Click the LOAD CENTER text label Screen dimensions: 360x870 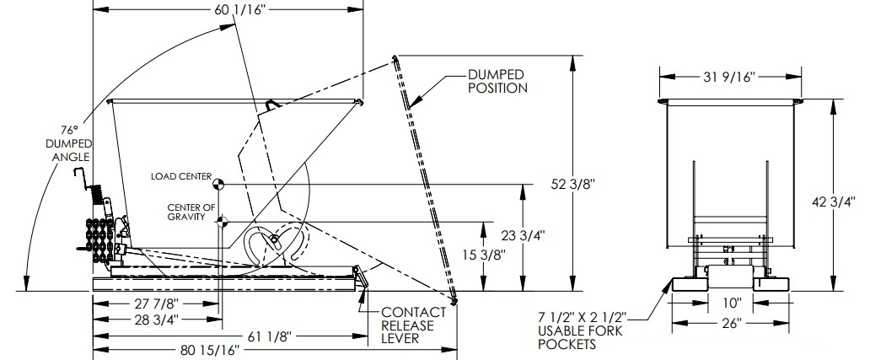point(180,178)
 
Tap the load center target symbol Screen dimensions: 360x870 point(218,183)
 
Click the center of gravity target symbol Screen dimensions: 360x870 point(222,223)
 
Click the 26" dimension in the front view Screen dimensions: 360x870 point(730,323)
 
